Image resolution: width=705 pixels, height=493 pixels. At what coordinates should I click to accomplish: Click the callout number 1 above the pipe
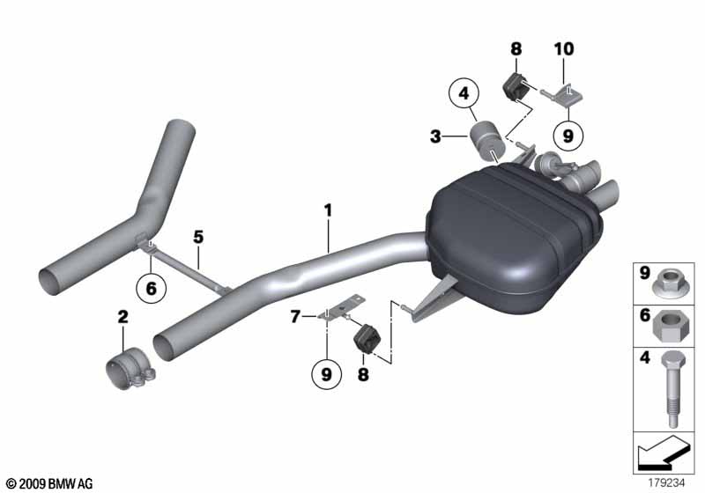coord(327,210)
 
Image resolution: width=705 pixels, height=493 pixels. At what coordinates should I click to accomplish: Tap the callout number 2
coord(123,315)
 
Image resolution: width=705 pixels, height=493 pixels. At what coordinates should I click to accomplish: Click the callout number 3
coord(436,136)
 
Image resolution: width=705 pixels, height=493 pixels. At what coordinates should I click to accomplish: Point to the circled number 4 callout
coord(465,92)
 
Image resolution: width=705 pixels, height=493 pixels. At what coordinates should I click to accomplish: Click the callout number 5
coord(198,237)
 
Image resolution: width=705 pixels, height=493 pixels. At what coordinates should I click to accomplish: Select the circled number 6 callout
coord(151,287)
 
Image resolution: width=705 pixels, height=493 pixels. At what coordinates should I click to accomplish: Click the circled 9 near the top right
coord(567,136)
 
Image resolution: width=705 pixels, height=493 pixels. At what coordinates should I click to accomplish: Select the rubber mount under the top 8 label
coord(515,87)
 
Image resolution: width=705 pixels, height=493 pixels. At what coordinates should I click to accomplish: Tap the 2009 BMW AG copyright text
coord(49,483)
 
